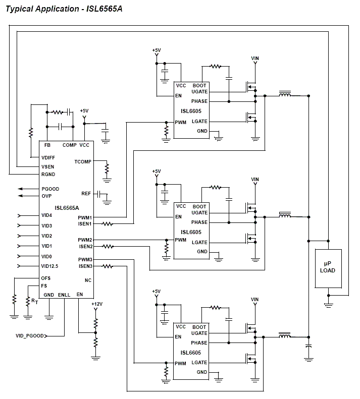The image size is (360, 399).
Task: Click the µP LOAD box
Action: pyautogui.click(x=328, y=268)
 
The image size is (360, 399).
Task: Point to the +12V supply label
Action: pyautogui.click(x=97, y=304)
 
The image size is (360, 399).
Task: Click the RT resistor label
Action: pyautogui.click(x=34, y=301)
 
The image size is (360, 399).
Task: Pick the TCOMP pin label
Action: pyautogui.click(x=83, y=162)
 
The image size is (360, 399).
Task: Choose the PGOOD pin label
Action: pyautogui.click(x=50, y=189)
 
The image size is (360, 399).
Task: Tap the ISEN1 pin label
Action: pyautogui.click(x=85, y=223)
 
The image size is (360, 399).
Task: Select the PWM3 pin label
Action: pyautogui.click(x=85, y=259)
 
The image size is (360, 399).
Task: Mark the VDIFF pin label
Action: pyautogui.click(x=49, y=157)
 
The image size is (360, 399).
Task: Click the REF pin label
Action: pyautogui.click(x=86, y=194)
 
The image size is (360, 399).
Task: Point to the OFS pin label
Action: pyautogui.click(x=46, y=278)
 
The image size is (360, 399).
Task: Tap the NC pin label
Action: pyautogui.click(x=88, y=280)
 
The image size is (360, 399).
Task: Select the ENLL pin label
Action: pyautogui.click(x=64, y=295)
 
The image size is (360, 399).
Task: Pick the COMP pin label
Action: pyautogui.click(x=69, y=145)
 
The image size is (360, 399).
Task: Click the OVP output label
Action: pyautogui.click(x=46, y=196)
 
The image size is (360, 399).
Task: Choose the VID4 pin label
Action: pyautogui.click(x=47, y=215)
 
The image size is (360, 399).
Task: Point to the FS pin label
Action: pyautogui.click(x=44, y=286)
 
